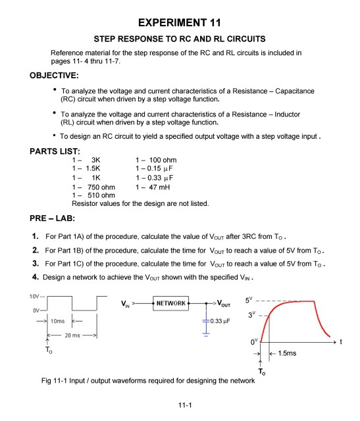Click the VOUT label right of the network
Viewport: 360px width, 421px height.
228,304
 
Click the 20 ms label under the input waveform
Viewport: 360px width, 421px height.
61,334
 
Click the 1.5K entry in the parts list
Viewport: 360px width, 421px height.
88,169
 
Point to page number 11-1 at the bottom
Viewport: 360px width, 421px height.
179,405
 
